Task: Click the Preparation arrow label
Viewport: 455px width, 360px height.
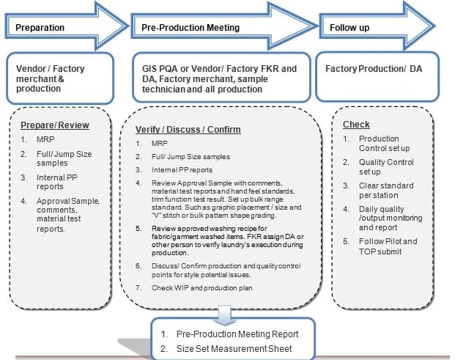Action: (40, 28)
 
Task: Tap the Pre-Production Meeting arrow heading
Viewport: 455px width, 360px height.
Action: (189, 28)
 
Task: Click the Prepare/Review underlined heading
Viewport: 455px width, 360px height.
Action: (55, 125)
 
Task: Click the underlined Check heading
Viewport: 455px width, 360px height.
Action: (356, 125)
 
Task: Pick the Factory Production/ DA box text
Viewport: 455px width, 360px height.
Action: (374, 69)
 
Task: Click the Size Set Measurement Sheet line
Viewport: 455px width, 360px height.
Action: (235, 348)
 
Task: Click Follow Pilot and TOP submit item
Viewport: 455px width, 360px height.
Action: (389, 246)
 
